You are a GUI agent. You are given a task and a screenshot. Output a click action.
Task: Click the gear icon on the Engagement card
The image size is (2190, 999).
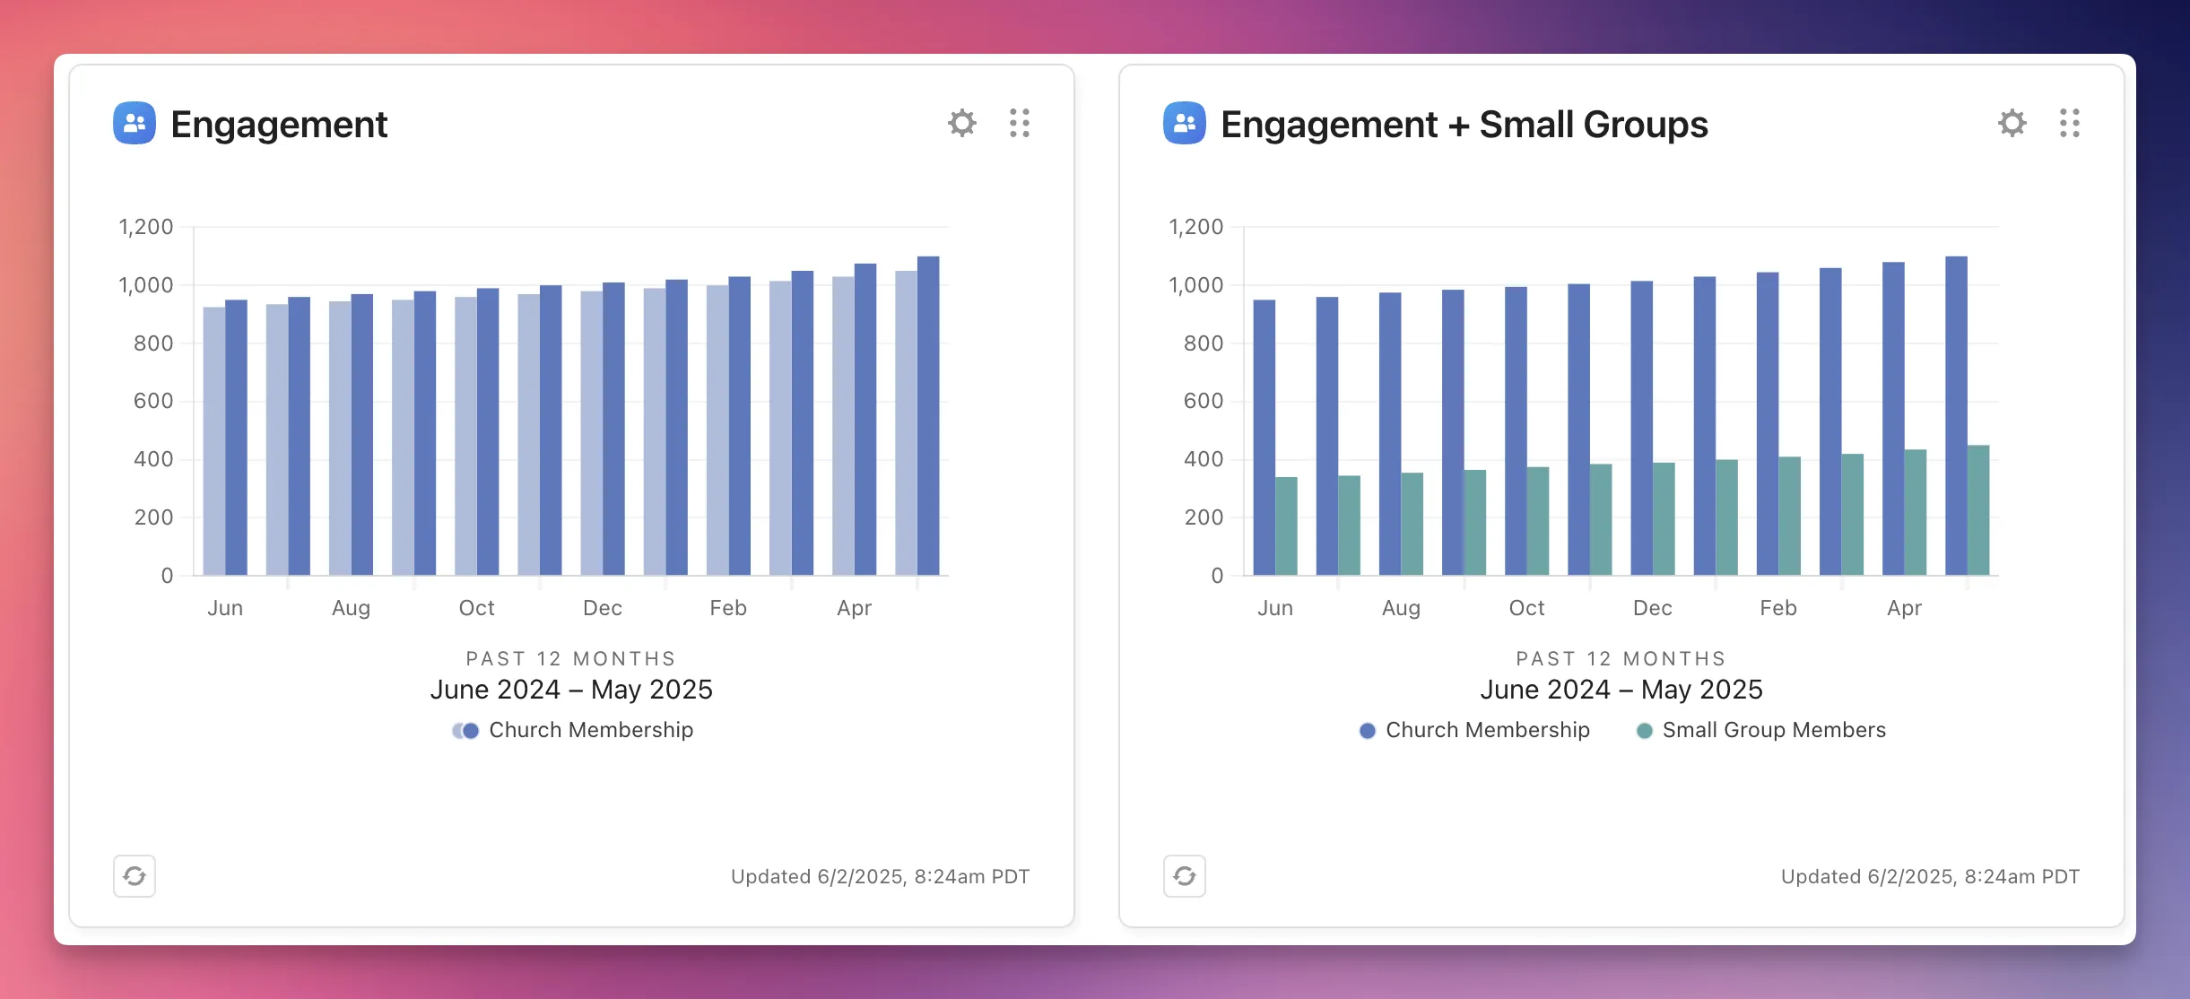tap(962, 123)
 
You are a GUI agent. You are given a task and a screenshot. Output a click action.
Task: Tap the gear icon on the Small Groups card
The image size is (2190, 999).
tap(2012, 123)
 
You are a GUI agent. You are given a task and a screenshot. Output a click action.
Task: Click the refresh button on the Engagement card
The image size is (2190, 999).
tap(135, 876)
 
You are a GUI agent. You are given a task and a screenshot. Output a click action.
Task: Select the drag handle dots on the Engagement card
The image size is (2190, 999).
tap(1020, 123)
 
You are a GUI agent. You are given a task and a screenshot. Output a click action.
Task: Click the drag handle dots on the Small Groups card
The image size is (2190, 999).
tap(2070, 123)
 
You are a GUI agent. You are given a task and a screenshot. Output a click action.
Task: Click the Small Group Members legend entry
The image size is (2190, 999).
tap(1761, 730)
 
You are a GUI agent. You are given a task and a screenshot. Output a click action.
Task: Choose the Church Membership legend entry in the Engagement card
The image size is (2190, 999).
tap(574, 730)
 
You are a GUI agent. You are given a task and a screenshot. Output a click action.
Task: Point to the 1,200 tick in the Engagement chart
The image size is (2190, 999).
tap(146, 227)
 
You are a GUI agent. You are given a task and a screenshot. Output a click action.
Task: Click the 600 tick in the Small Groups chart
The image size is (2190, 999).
tap(1204, 401)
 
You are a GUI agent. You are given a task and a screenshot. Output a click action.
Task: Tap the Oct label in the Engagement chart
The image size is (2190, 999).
tap(476, 608)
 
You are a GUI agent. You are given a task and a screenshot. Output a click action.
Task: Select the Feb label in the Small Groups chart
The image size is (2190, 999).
tap(1778, 608)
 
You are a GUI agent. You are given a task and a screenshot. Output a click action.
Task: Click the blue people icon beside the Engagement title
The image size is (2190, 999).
tap(135, 123)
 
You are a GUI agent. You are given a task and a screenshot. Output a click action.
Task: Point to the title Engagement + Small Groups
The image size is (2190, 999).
tap(1464, 125)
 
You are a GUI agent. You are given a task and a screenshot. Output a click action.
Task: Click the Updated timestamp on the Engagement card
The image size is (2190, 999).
tap(880, 876)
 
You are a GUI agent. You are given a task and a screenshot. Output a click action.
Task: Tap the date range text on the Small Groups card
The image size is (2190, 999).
tap(1621, 690)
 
